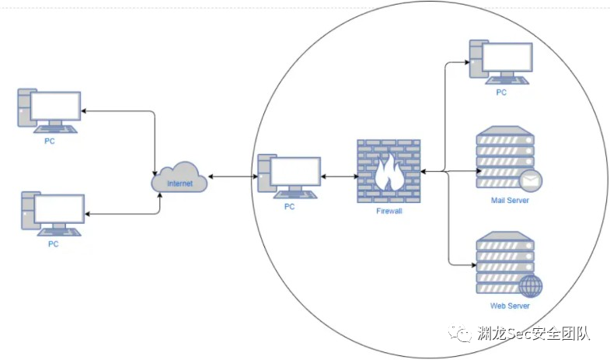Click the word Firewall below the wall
(x=388, y=211)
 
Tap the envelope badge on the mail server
(x=531, y=180)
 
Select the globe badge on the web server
(x=531, y=286)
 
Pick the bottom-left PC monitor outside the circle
(x=59, y=207)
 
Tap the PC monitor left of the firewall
(x=295, y=173)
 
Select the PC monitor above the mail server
(x=507, y=58)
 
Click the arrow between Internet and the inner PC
(x=232, y=178)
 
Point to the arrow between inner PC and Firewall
(x=340, y=178)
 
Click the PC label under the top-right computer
(x=501, y=93)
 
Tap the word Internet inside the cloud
(x=180, y=183)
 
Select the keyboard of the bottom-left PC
(x=59, y=230)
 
